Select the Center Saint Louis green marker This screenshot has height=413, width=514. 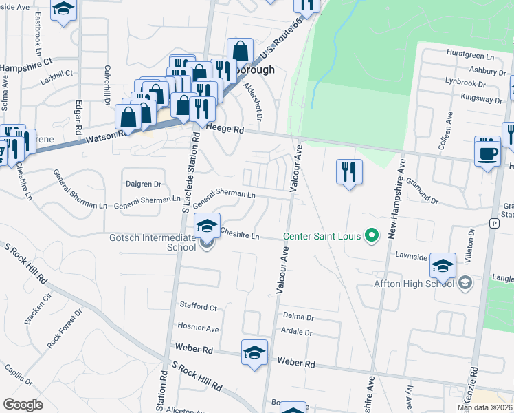(372, 236)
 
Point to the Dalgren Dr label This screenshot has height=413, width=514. (143, 184)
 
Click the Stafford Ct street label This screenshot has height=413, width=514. (198, 307)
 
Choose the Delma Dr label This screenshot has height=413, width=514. (298, 318)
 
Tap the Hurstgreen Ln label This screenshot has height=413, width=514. (471, 54)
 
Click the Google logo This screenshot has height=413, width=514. (23, 405)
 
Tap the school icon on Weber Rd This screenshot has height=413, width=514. (254, 353)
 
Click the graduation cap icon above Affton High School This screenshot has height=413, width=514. (443, 264)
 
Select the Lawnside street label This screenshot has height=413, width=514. (412, 255)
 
